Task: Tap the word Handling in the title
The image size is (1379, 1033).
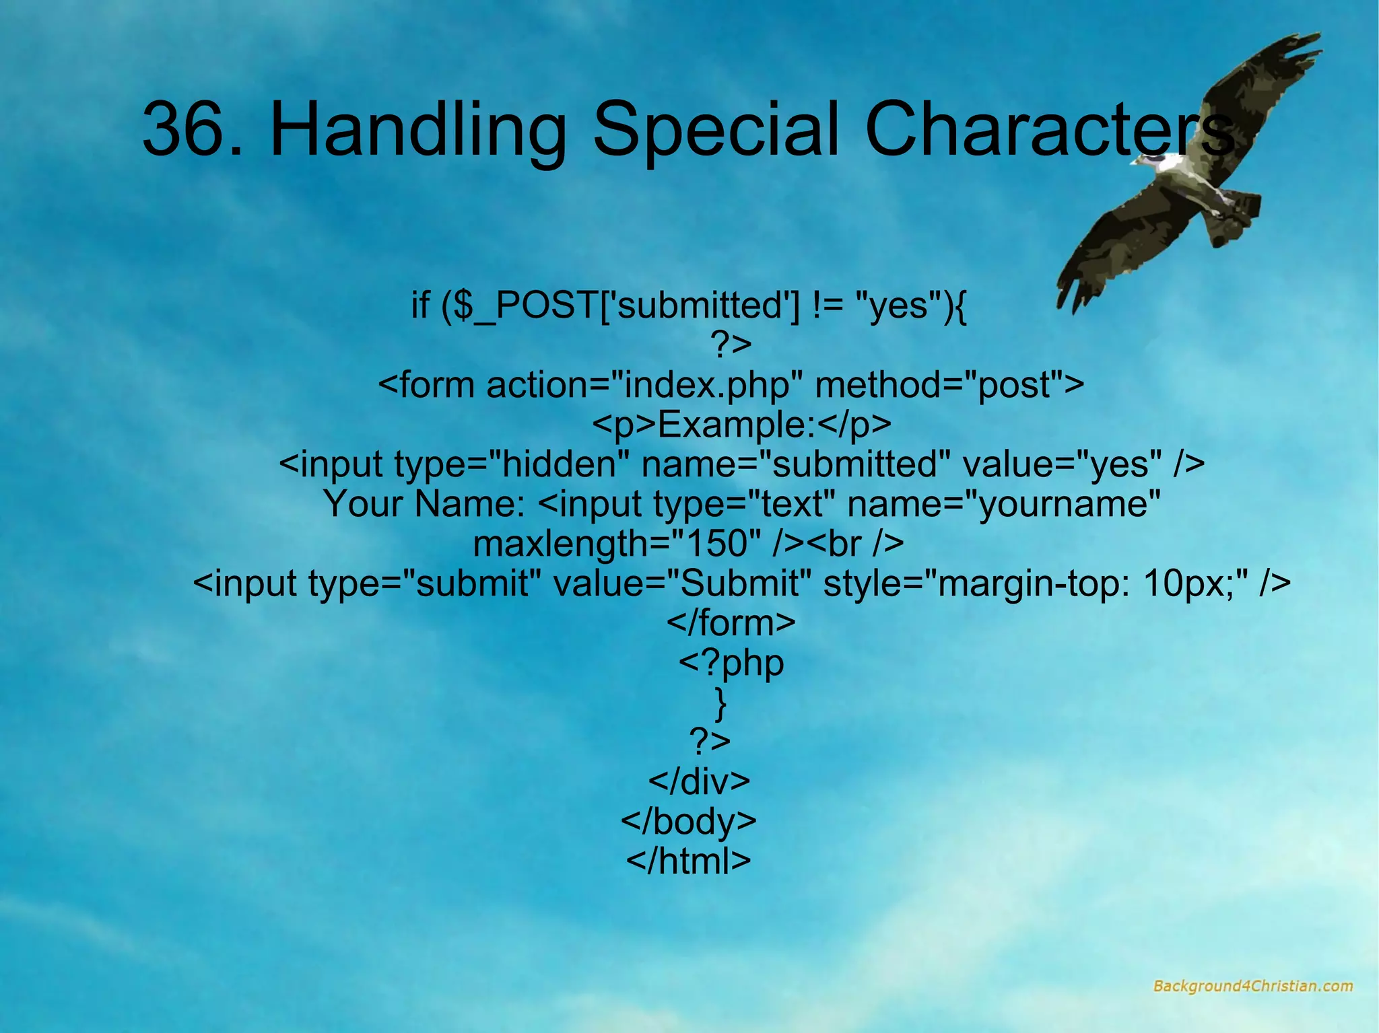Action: pos(417,129)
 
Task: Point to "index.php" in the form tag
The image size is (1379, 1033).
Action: pos(706,385)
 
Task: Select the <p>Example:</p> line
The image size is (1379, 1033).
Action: pos(741,425)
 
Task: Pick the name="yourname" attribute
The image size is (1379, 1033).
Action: pos(1004,504)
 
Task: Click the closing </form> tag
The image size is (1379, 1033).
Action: pos(731,623)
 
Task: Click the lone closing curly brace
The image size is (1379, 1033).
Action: pos(720,703)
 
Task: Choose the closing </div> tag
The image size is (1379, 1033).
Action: pos(698,781)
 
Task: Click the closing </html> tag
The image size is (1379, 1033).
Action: pos(688,861)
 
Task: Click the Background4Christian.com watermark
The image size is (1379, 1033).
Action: pos(1252,987)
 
